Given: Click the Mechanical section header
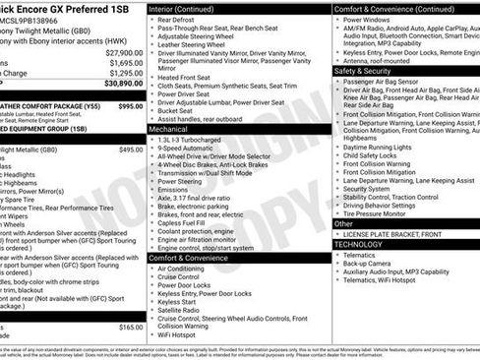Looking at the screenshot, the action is coord(168,129).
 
